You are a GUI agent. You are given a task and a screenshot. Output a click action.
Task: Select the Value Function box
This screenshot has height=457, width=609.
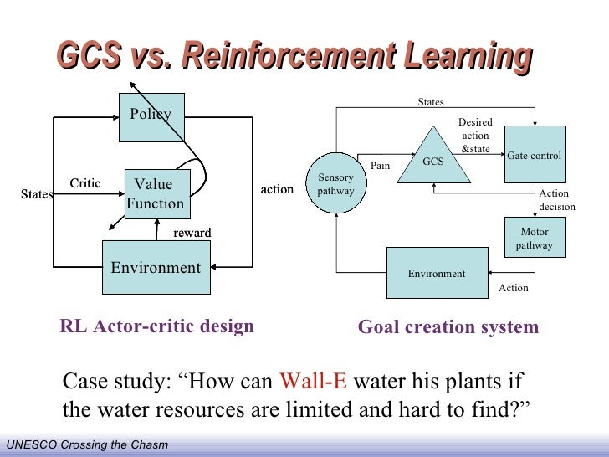156,194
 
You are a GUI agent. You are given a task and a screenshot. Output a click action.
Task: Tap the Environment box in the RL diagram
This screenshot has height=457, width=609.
156,268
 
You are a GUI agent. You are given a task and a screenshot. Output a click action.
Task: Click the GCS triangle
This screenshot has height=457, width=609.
432,159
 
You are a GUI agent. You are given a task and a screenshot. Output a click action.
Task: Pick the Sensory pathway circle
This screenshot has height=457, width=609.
335,185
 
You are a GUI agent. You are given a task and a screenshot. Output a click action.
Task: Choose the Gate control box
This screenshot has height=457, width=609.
535,155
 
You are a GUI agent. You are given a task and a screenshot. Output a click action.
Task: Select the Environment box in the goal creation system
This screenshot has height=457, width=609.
437,273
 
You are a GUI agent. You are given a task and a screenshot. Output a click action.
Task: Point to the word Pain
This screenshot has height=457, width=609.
381,166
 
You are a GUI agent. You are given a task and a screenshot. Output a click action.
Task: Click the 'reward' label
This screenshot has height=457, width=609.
192,232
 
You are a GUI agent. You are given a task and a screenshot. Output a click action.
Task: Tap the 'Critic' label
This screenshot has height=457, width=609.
84,183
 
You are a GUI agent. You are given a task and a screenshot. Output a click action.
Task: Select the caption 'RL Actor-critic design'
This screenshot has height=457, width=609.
156,326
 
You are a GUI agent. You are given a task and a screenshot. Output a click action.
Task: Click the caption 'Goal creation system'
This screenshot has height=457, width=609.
448,327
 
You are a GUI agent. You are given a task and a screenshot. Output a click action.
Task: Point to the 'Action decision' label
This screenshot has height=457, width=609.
556,200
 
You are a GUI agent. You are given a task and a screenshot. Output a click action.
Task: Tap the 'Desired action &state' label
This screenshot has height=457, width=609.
475,136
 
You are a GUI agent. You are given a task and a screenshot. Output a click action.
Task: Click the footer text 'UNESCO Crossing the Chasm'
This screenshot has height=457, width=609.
87,444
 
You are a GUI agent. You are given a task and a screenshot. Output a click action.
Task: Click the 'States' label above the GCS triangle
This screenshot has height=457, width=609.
431,102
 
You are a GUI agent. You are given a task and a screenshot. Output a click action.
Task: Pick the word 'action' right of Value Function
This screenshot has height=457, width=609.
277,190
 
